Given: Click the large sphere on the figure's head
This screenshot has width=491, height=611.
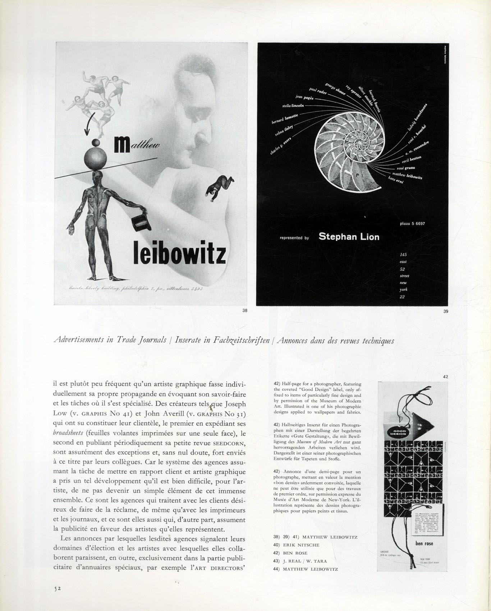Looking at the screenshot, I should (96, 157).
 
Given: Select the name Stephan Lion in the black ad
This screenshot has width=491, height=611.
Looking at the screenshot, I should (349, 237).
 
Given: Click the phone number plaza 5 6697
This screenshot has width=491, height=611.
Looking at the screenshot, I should (412, 223).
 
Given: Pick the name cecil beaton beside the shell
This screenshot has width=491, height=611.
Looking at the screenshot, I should (412, 159).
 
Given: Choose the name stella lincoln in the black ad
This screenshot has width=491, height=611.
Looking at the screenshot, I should (293, 106).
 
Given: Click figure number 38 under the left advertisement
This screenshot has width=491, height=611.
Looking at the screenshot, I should (245, 311).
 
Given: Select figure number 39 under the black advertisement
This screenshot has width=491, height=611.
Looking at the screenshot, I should (446, 311).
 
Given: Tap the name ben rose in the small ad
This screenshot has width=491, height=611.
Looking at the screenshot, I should (424, 543).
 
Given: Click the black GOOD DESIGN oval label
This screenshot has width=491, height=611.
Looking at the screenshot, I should (397, 432).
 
